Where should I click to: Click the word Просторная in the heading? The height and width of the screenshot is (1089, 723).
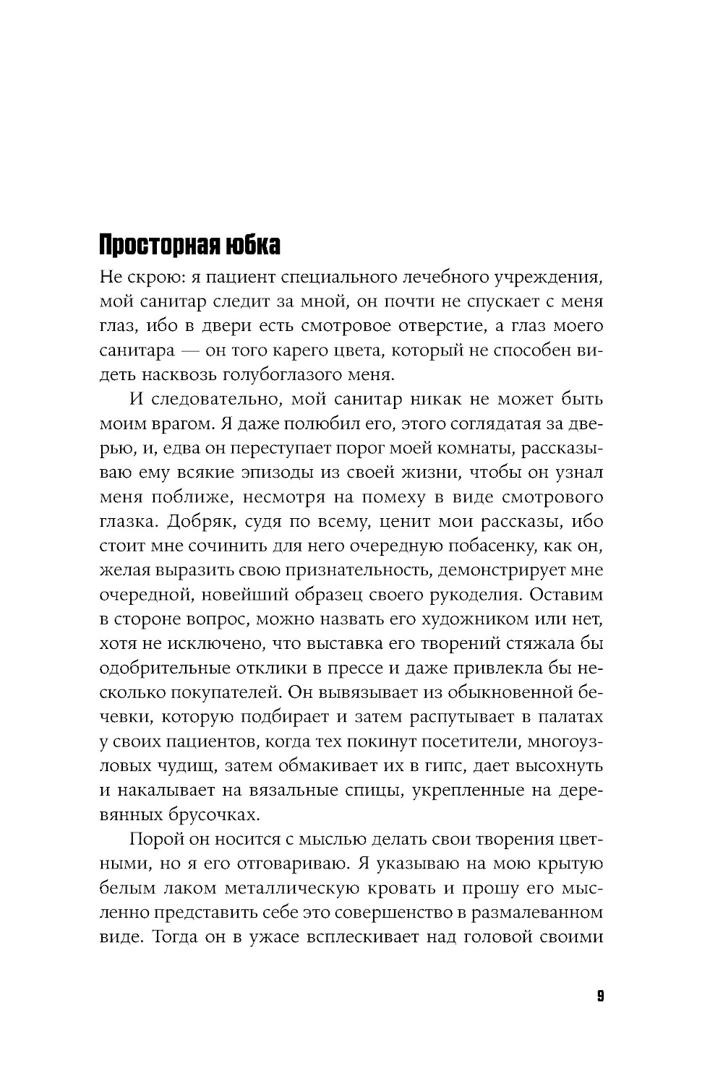158,246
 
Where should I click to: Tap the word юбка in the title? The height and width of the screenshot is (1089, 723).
252,246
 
